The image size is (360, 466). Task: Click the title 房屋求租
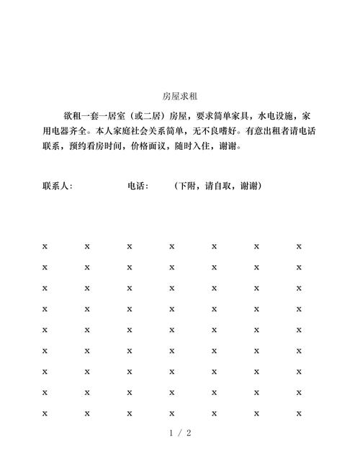point(180,96)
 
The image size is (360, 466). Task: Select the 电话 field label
point(136,186)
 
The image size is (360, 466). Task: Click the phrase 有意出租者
point(271,131)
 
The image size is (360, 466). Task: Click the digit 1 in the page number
point(171,434)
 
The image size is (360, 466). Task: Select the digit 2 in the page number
point(189,434)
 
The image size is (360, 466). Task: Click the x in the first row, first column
point(45,246)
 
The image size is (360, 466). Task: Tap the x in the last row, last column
point(299,413)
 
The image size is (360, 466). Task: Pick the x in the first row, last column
point(299,246)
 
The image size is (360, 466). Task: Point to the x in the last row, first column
point(45,413)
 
